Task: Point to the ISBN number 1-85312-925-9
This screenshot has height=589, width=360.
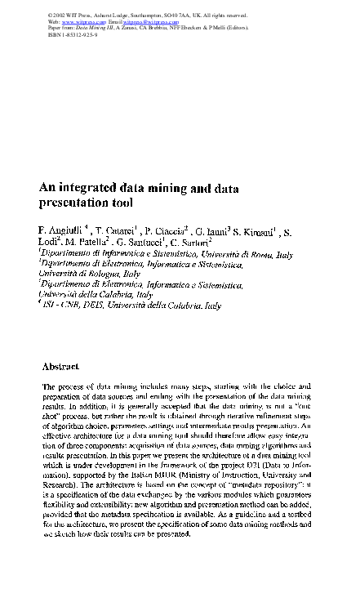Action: (71, 37)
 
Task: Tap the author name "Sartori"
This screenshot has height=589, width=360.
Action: (193, 242)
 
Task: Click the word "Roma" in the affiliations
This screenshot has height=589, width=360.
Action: (260, 255)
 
